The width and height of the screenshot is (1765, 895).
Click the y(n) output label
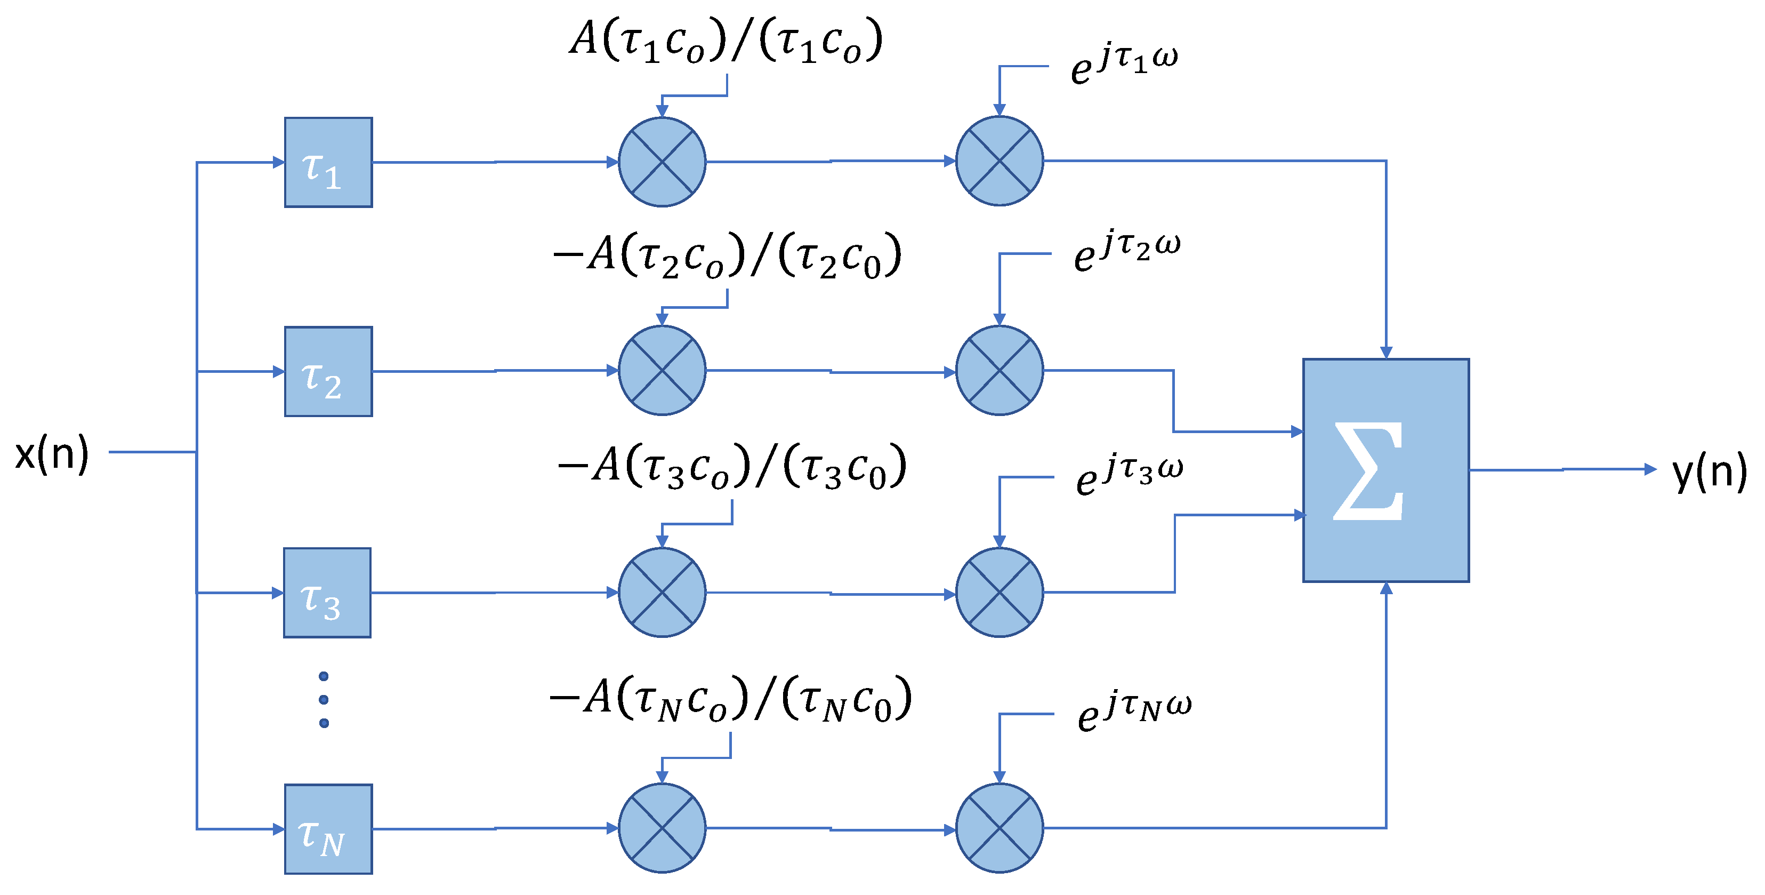click(x=1709, y=472)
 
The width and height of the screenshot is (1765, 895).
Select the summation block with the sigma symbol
click(x=1385, y=470)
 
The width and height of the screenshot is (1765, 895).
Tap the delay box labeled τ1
click(x=328, y=163)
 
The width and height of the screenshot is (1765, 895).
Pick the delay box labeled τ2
click(x=328, y=371)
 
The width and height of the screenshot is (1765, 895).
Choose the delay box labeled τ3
click(x=327, y=593)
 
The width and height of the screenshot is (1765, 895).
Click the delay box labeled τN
click(x=328, y=829)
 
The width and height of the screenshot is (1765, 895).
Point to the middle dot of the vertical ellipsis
click(x=324, y=700)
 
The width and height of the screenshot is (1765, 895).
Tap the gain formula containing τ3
click(x=732, y=467)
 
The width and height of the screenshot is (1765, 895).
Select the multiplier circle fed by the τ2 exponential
click(x=999, y=371)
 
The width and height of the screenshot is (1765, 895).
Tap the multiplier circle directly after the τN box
click(x=662, y=828)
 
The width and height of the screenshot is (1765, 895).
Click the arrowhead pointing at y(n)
click(x=1650, y=469)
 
